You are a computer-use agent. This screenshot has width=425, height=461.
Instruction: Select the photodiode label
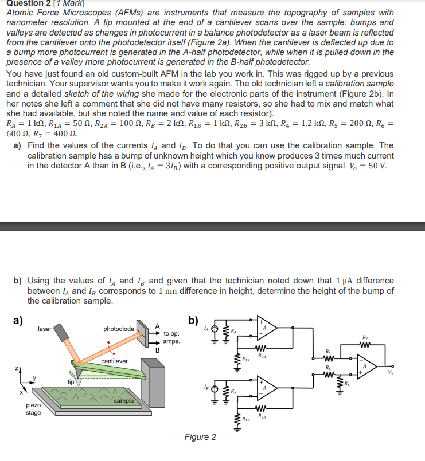click(119, 329)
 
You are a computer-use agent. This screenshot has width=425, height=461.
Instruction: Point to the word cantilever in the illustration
click(115, 361)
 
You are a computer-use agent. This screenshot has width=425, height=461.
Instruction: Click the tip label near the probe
click(70, 381)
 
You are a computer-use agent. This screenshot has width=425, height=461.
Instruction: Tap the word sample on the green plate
click(123, 401)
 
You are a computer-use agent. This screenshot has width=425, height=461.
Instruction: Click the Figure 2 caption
click(200, 437)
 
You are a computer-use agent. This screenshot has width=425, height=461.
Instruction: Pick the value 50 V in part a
click(376, 166)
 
